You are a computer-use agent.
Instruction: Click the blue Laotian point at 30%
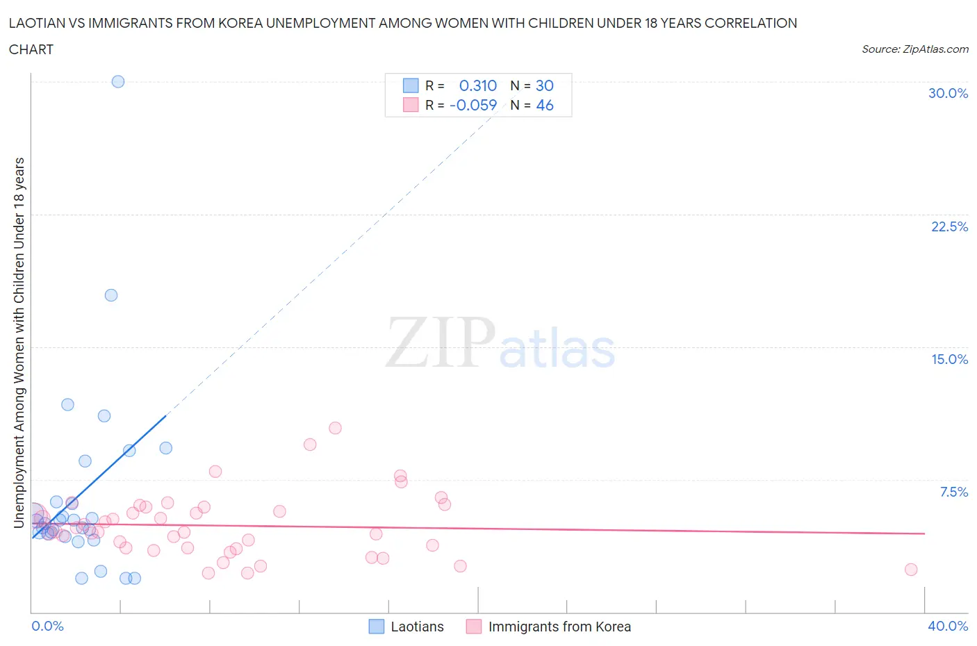118,81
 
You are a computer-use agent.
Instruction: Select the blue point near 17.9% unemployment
111,295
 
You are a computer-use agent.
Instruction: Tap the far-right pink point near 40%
911,570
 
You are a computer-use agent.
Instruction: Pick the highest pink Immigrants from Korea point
335,428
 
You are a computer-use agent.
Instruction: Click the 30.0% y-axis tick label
948,93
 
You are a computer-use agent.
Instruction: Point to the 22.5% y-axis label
949,226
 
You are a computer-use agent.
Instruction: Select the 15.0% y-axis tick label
949,359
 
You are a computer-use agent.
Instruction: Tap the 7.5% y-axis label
953,492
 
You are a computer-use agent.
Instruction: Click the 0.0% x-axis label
47,626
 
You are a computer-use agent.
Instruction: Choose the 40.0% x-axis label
948,626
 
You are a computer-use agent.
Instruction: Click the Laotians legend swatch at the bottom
376,627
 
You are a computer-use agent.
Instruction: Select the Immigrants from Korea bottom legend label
559,627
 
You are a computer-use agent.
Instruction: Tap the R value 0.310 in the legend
478,85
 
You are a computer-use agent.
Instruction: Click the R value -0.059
473,105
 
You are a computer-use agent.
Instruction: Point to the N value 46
545,105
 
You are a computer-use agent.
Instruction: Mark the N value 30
545,85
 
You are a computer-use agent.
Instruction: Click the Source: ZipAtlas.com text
914,49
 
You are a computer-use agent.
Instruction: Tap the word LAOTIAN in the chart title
37,23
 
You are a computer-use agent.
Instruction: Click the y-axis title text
19,342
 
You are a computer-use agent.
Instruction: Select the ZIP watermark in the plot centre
441,342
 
